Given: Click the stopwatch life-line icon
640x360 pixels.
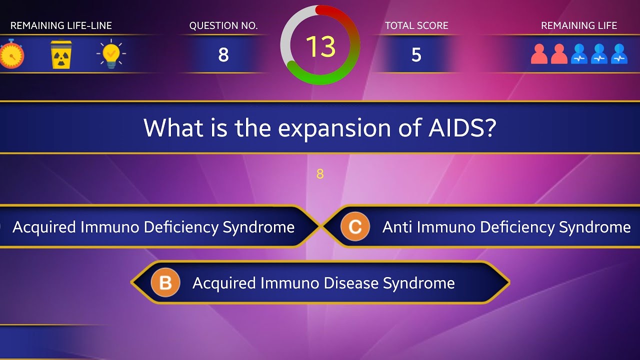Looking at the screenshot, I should (11, 55).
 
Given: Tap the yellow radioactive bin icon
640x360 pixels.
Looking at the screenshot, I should (61, 54).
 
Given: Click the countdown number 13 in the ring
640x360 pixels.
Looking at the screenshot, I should (320, 46).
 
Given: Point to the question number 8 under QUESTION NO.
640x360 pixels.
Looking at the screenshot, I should (223, 54).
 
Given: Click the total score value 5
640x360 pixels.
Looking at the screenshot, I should (416, 54).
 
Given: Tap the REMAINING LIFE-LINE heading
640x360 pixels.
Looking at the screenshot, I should (61, 25).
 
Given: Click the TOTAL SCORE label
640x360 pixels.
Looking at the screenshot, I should (416, 25).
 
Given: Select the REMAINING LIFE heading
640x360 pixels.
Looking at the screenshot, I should (579, 25).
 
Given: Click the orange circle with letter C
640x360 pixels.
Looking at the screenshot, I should (355, 227).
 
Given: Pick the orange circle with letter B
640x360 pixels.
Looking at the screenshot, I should (165, 283).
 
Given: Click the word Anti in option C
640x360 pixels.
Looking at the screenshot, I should (397, 227).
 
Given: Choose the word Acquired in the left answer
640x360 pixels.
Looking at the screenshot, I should (44, 227).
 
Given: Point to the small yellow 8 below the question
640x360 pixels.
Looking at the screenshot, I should (320, 174).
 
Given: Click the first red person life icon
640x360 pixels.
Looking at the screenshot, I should (539, 54).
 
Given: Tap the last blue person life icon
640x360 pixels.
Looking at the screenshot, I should (619, 54).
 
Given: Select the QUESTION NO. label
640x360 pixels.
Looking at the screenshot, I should (223, 25).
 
